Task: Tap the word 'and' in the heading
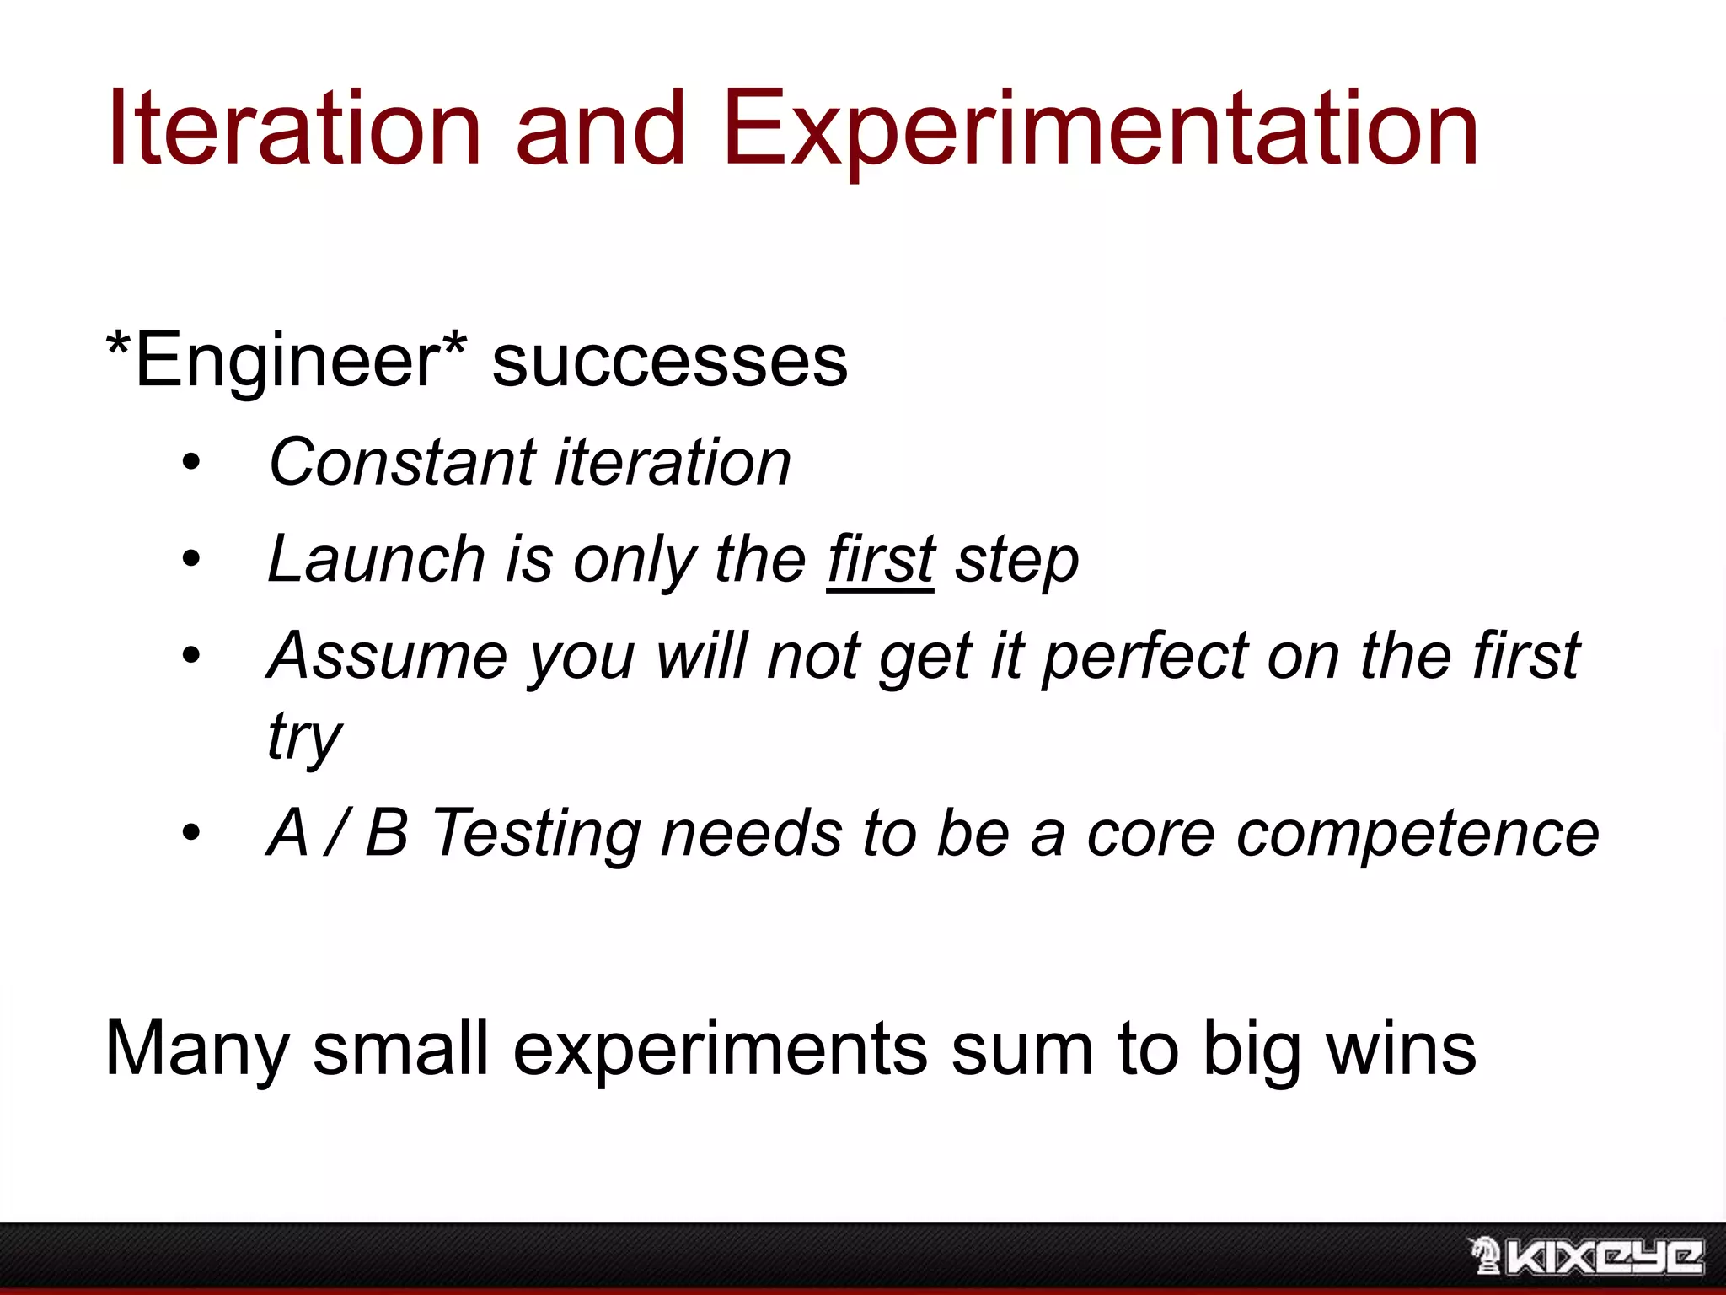600,128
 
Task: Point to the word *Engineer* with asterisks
287,361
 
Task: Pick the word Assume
387,656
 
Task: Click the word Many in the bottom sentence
197,1051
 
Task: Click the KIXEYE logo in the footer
1586,1256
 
